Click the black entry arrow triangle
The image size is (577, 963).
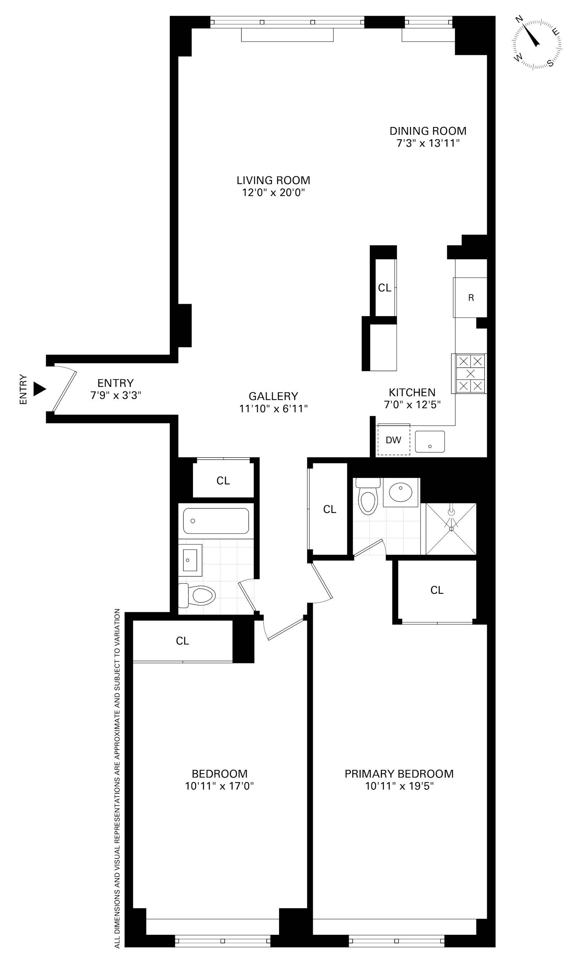39,389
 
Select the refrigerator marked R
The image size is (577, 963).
471,298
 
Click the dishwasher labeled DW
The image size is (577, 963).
393,440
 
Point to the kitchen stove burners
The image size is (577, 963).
470,374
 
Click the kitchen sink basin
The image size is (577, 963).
430,442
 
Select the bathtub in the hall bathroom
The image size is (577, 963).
216,520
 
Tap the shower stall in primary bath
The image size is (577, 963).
451,529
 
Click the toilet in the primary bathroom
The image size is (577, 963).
368,498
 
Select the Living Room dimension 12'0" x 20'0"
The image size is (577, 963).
273,193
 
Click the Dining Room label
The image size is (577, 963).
428,131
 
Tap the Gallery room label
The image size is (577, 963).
273,396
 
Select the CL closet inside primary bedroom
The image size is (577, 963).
437,590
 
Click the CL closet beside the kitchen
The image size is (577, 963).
384,288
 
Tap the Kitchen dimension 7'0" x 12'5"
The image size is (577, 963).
412,405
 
